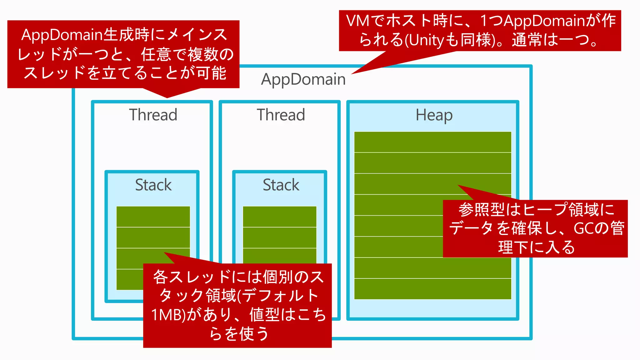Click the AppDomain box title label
point(303,79)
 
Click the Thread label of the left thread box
point(153,115)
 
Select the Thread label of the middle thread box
point(281,115)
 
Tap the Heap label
point(434,115)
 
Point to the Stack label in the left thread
point(153,185)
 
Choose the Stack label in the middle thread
point(281,185)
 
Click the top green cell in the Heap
point(432,142)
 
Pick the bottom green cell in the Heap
point(432,289)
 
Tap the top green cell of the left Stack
point(153,217)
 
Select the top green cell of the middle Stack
point(279,217)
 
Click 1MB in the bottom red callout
point(167,315)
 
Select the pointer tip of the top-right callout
point(352,74)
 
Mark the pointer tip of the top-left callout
point(167,97)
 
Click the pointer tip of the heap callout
point(458,185)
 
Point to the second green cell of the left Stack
point(153,237)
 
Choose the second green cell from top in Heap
point(432,163)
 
